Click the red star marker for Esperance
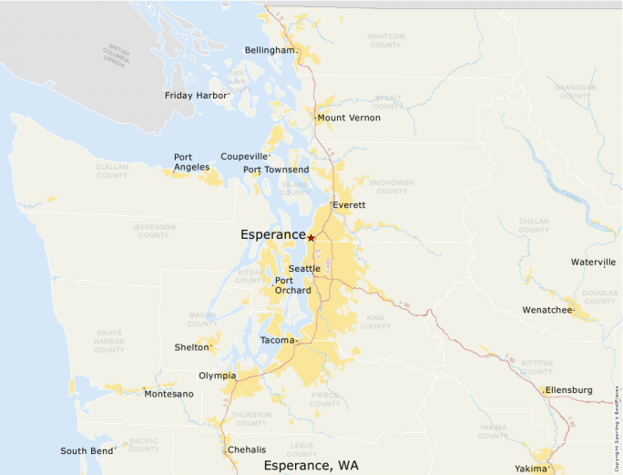click(x=311, y=237)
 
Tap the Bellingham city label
click(x=270, y=50)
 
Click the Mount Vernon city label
click(x=349, y=118)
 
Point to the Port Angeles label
click(x=191, y=162)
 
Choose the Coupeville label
click(x=244, y=156)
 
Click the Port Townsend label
click(x=275, y=170)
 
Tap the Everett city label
click(x=349, y=205)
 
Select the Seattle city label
click(x=304, y=268)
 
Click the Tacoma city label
click(x=277, y=340)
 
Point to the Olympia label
click(x=217, y=376)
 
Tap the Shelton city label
click(x=191, y=347)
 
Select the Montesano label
click(x=169, y=394)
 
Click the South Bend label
click(x=87, y=450)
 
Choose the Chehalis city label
click(x=247, y=449)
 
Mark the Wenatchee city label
click(x=547, y=310)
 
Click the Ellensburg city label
click(x=569, y=390)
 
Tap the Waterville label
click(x=593, y=262)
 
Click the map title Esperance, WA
click(x=311, y=465)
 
